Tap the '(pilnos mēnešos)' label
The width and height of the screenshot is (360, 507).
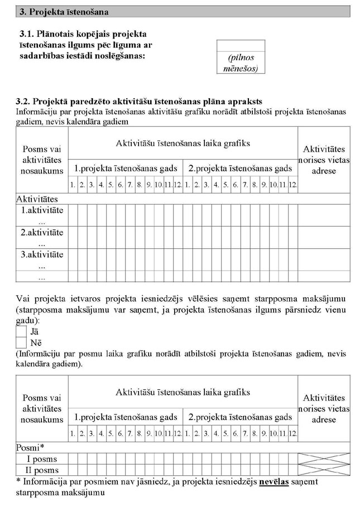pyautogui.click(x=242, y=63)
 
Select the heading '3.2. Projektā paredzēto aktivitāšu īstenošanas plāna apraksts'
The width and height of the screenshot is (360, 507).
pyautogui.click(x=140, y=101)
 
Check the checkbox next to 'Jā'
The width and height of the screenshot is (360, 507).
pyautogui.click(x=21, y=331)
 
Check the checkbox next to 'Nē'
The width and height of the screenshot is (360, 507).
pyautogui.click(x=21, y=342)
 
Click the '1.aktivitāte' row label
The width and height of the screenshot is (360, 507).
pyautogui.click(x=42, y=210)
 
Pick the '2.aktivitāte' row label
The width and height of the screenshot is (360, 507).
pyautogui.click(x=42, y=233)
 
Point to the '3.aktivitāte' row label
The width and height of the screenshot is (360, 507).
pyautogui.click(x=42, y=255)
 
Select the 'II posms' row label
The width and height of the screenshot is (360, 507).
pyautogui.click(x=42, y=470)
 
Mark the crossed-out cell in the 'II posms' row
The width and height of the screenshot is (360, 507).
pyautogui.click(x=324, y=470)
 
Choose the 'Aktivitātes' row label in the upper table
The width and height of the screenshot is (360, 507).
pyautogui.click(x=37, y=199)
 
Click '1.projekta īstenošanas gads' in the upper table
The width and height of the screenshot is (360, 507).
pyautogui.click(x=126, y=168)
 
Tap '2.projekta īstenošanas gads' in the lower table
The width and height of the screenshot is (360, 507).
pyautogui.click(x=240, y=417)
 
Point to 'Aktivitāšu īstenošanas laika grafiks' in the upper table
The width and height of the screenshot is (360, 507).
pyautogui.click(x=183, y=143)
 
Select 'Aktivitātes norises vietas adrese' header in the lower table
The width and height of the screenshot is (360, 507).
pyautogui.click(x=324, y=409)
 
